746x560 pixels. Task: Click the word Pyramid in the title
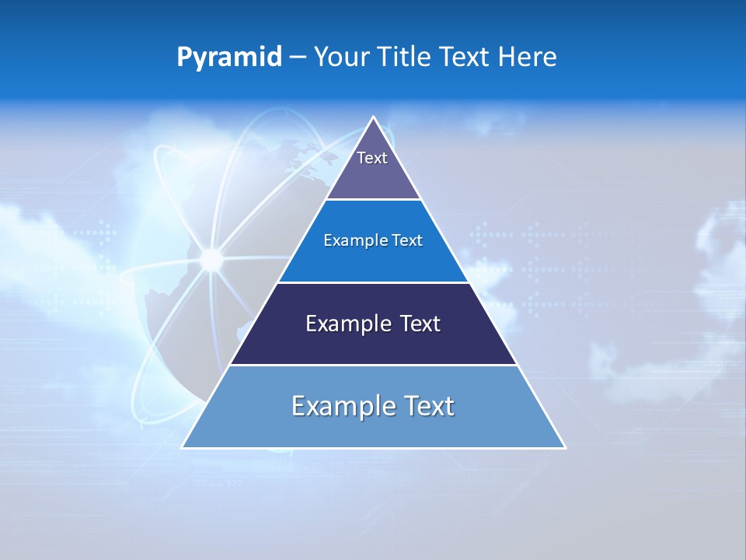point(229,58)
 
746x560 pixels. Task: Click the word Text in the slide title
point(465,58)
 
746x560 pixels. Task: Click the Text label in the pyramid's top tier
point(372,158)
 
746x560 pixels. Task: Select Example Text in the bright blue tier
point(373,240)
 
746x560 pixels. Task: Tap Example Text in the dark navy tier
point(373,324)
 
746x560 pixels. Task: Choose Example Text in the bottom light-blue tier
point(373,406)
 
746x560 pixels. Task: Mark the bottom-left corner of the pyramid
point(183,447)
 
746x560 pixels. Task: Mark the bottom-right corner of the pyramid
point(565,447)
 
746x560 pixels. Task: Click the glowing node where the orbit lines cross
point(211,259)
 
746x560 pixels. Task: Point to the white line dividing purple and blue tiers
point(373,199)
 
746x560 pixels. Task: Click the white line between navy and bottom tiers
point(373,365)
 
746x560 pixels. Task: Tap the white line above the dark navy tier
point(373,282)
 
